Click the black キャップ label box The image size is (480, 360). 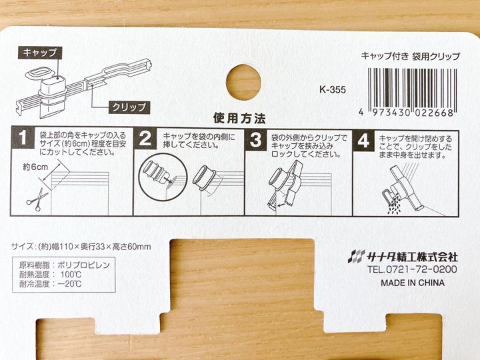point(40,53)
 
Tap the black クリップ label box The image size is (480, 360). point(129,107)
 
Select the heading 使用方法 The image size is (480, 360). point(239,119)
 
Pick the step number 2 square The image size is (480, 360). point(145,139)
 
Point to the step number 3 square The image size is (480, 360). point(256,139)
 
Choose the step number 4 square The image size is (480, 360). point(363,141)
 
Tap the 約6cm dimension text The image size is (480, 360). point(35,167)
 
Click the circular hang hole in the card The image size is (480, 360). point(244,82)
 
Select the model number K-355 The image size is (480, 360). point(333,90)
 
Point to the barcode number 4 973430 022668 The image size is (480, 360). point(406,113)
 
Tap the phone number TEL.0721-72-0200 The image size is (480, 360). point(412,269)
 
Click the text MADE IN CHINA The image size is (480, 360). point(413,283)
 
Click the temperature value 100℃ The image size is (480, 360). point(71,274)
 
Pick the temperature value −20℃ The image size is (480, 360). point(69,284)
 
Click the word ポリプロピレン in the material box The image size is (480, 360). point(83,265)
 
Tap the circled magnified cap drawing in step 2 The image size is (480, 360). point(157,180)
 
